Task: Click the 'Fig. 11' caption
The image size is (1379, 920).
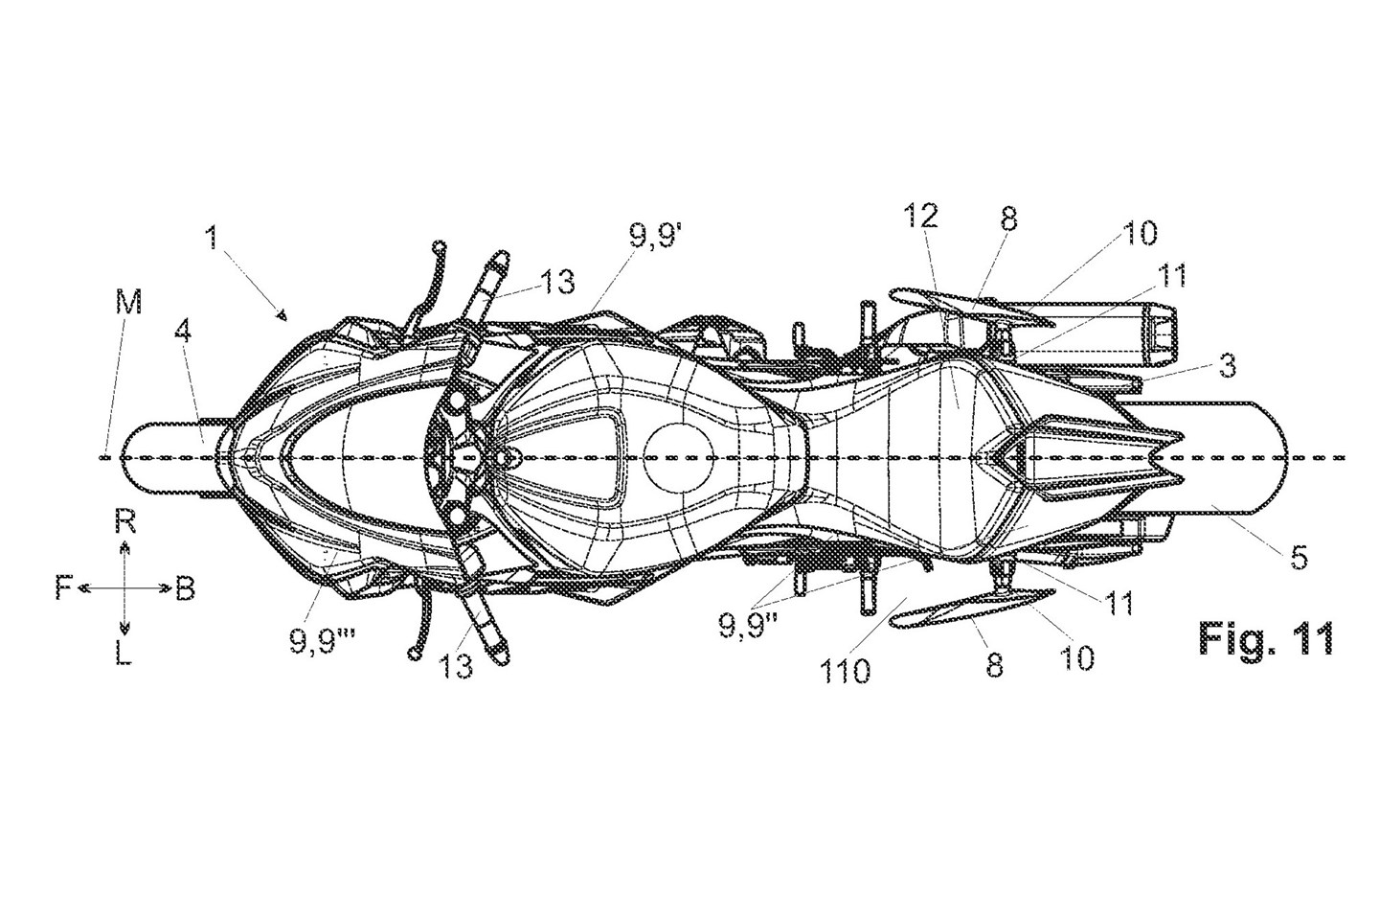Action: coord(1267,639)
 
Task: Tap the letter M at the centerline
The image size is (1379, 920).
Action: coord(128,303)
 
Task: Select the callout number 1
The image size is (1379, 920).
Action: coord(212,238)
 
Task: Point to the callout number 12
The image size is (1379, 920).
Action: coord(921,217)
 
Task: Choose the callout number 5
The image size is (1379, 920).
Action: coord(1298,557)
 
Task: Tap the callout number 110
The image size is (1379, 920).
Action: coord(846,671)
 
